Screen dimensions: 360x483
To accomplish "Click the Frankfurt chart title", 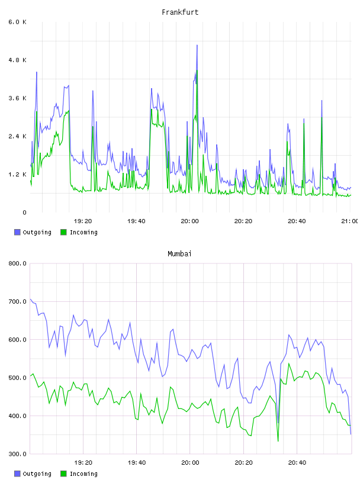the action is [x=180, y=12].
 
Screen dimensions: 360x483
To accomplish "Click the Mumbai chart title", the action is [x=179, y=254].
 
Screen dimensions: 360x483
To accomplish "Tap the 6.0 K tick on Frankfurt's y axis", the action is [x=17, y=22].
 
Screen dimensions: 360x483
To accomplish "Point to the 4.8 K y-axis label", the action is [x=17, y=60].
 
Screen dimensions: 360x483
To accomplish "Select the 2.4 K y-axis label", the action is [x=17, y=137].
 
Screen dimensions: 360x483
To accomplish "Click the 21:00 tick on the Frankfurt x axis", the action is [x=351, y=221].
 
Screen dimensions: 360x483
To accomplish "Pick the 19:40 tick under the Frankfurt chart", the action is [x=136, y=221].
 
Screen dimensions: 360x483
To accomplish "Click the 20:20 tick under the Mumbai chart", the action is [x=243, y=463].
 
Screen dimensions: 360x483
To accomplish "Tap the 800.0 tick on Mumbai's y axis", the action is [x=17, y=263].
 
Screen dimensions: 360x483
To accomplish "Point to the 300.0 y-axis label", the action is [x=17, y=454].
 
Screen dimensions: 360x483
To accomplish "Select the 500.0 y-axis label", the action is [x=17, y=378].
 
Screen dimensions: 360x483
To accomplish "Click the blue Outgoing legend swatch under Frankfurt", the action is [x=17, y=232].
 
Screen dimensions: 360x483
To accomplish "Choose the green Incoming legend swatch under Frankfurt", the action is [x=63, y=232].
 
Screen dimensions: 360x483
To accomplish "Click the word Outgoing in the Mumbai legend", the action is [x=37, y=474].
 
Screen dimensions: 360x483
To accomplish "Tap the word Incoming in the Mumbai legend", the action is [x=83, y=474].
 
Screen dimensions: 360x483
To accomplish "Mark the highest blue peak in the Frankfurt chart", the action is [x=197, y=45].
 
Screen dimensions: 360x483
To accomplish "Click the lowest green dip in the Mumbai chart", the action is [x=278, y=441].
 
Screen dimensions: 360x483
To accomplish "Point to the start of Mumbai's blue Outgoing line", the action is [x=30, y=299].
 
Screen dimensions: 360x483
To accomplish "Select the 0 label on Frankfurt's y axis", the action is [x=24, y=212].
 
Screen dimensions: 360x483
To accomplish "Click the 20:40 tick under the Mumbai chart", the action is [x=297, y=463].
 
